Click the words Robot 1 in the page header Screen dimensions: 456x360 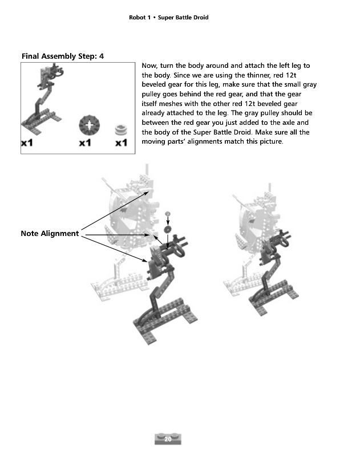[141, 18]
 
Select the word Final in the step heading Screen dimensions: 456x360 [33, 56]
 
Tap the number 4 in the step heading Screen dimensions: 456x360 [101, 56]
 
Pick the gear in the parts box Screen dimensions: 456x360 [89, 124]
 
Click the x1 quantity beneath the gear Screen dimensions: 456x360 [86, 143]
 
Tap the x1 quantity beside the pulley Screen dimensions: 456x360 [121, 143]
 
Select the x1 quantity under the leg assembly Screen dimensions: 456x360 [27, 143]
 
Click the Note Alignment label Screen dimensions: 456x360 [50, 234]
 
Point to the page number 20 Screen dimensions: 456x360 [168, 439]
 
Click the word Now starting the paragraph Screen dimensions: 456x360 [149, 66]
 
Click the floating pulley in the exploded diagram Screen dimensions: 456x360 [168, 214]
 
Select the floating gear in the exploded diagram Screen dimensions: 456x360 [168, 229]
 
